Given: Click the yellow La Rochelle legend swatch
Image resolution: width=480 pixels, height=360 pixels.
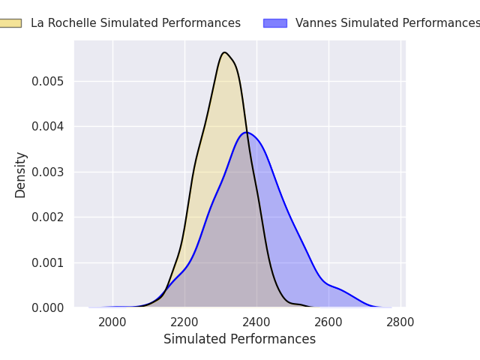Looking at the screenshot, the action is click(10, 23).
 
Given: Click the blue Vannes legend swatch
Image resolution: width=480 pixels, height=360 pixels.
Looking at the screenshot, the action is click(275, 23).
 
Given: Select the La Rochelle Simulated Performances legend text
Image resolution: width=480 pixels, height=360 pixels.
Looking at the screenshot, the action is click(136, 23).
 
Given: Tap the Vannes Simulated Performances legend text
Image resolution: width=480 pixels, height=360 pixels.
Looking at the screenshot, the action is click(388, 23).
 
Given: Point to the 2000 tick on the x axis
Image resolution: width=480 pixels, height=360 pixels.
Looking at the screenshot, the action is click(112, 322).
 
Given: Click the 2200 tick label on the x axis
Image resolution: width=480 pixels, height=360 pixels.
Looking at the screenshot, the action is click(184, 322).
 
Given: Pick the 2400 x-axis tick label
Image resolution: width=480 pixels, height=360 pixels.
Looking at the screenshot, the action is click(256, 322).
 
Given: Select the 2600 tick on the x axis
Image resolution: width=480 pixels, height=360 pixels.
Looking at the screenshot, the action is click(328, 322).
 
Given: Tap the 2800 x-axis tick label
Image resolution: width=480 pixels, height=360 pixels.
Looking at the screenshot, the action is click(400, 322).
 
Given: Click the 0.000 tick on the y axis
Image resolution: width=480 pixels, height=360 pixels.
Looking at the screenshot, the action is click(48, 307).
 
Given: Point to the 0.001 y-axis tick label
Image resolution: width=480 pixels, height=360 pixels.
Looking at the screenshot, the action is click(48, 262).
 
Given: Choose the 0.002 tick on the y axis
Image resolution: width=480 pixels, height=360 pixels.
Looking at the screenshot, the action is click(48, 217).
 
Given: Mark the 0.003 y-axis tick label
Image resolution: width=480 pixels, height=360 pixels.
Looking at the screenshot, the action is click(48, 172).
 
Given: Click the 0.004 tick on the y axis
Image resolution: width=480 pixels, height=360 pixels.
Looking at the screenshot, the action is click(48, 127).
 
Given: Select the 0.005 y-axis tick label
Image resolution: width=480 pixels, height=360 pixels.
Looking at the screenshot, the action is click(48, 82).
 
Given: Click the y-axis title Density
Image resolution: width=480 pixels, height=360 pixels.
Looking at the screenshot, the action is click(20, 175).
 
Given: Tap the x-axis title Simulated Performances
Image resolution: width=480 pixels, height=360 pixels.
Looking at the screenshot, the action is click(240, 339).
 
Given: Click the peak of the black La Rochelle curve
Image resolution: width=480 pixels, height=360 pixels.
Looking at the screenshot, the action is click(225, 52).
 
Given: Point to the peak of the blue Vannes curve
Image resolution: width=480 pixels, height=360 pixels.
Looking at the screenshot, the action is click(247, 132).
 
